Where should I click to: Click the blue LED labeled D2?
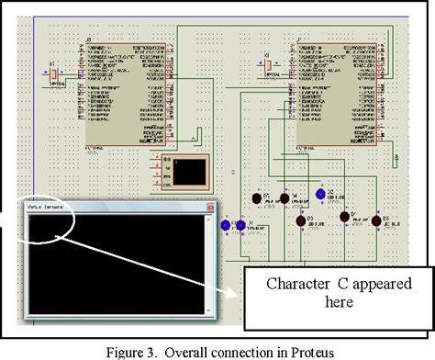(320, 195)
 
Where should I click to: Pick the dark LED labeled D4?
(284, 197)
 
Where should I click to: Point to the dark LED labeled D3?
(300, 220)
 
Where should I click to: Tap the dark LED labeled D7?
(345, 217)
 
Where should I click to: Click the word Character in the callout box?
(298, 283)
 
